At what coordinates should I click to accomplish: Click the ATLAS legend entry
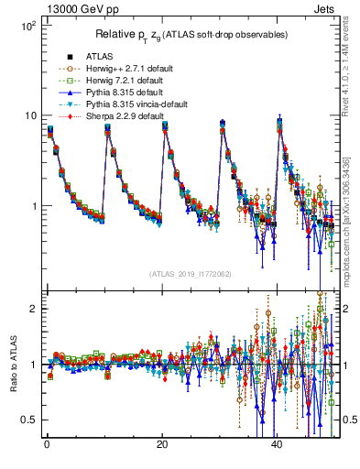pos(100,56)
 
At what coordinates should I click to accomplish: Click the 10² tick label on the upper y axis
pos(28,26)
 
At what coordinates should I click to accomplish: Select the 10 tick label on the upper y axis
pos(30,115)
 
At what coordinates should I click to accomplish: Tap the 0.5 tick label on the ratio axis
pos(28,420)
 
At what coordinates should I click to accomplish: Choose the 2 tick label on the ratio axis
pos(34,309)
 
